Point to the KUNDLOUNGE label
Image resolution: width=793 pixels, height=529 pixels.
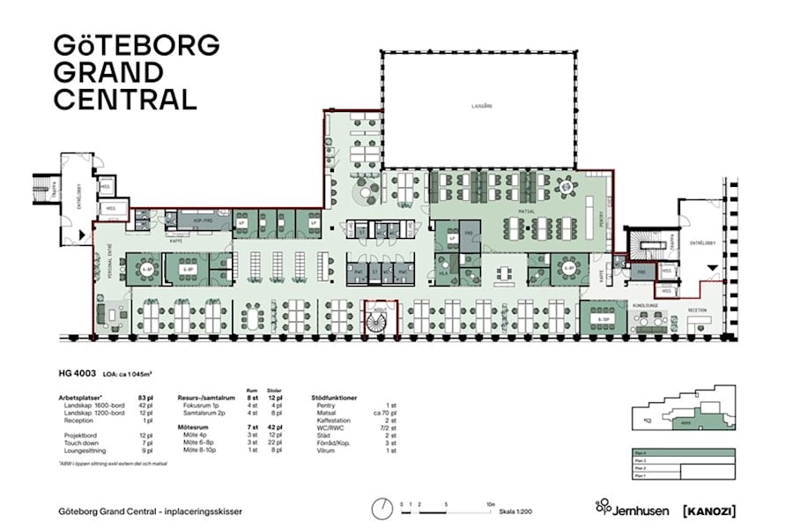click(x=647, y=302)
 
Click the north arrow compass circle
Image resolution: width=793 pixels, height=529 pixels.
click(x=382, y=509)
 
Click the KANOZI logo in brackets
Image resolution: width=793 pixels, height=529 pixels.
click(x=709, y=510)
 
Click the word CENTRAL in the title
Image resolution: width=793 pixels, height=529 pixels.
click(x=125, y=99)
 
